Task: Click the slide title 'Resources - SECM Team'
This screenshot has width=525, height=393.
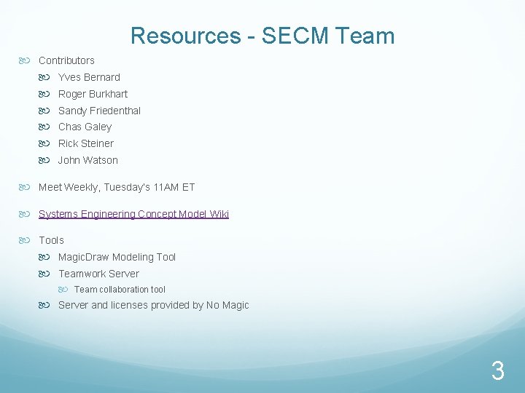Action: (262, 36)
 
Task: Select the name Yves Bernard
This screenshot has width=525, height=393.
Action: (89, 77)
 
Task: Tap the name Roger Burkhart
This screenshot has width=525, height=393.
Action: (93, 94)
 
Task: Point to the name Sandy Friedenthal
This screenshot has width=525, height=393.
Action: (99, 111)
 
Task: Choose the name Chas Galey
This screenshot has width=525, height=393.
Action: (85, 127)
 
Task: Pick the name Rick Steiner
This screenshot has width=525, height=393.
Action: (86, 143)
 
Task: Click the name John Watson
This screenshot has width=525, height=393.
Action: (87, 160)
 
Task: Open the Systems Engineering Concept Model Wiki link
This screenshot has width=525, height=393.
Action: (133, 214)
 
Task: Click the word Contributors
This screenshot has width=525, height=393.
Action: (66, 60)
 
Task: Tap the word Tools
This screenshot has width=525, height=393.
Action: (51, 240)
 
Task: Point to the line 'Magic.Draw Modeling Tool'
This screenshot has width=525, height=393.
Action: (117, 257)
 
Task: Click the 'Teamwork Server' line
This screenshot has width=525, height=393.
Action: (98, 274)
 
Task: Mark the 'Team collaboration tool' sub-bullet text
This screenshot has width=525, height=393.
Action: (120, 290)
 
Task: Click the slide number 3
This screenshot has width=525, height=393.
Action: (497, 372)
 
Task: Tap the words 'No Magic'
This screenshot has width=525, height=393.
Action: (227, 306)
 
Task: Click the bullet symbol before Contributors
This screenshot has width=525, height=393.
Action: (28, 60)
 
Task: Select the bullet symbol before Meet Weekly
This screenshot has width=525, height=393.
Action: (28, 187)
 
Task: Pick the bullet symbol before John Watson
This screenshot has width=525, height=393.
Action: (47, 160)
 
